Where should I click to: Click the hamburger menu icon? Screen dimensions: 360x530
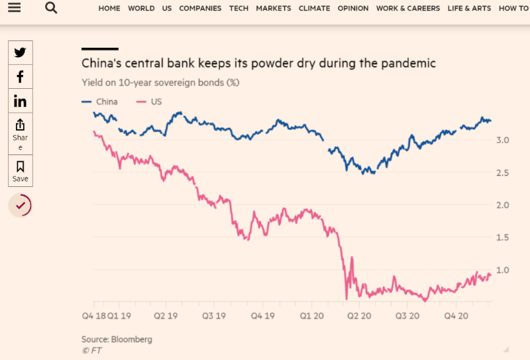tap(14, 8)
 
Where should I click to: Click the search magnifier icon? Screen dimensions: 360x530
tap(51, 8)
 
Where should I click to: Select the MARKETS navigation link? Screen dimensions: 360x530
tap(274, 9)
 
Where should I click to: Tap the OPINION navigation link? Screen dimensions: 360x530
tap(353, 9)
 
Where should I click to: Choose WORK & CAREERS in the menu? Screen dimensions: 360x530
tap(407, 9)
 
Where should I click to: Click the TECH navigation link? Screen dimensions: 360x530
tap(238, 9)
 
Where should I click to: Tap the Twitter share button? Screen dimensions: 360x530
tap(20, 53)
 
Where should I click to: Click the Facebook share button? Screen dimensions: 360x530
tap(20, 77)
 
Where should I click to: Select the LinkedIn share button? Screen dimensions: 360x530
tap(20, 101)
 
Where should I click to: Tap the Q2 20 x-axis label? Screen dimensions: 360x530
tap(361, 316)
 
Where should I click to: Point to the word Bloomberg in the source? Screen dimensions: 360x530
tap(132, 339)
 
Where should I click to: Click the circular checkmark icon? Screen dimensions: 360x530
tap(20, 206)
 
